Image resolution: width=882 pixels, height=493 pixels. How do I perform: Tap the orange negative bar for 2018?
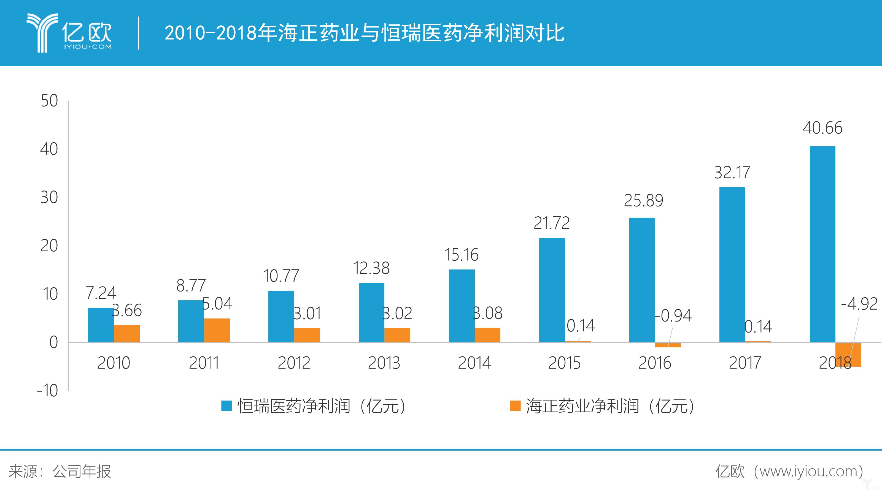(848, 355)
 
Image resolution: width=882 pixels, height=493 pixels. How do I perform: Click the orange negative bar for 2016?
(668, 345)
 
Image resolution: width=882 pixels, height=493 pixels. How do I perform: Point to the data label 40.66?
(822, 128)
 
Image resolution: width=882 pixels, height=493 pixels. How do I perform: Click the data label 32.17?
(732, 172)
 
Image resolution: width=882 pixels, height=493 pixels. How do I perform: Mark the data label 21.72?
(552, 223)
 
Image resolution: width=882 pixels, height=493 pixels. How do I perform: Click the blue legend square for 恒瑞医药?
(226, 406)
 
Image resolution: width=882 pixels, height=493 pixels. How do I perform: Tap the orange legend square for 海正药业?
(515, 406)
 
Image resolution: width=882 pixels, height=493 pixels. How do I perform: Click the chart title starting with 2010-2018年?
(364, 33)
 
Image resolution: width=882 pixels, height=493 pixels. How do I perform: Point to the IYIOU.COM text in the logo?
(88, 47)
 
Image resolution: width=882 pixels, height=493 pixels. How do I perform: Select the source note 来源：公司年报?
(60, 472)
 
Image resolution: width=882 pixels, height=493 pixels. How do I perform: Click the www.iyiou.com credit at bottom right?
(789, 472)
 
